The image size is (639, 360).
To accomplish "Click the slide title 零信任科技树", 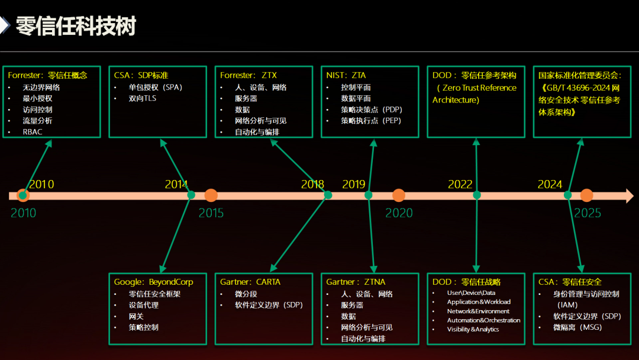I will (76, 26).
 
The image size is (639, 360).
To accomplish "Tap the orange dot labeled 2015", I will (211, 195).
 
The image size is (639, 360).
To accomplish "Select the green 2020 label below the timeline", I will (399, 213).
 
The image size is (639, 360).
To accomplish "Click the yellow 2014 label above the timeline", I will (176, 184).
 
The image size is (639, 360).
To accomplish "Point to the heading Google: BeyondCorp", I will (153, 282).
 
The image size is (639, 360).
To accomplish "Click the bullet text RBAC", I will (33, 132).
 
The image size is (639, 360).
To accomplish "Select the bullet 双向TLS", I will (143, 98).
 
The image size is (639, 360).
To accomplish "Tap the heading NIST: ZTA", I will (346, 75).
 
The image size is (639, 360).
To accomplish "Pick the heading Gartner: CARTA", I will (250, 282).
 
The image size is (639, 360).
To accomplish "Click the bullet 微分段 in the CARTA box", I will (246, 294).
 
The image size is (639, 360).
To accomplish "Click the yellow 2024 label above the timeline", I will (550, 184).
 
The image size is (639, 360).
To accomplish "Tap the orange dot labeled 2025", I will (586, 195).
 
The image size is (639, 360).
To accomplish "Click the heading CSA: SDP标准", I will (141, 75).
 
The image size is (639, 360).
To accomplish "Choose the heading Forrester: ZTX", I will (248, 75).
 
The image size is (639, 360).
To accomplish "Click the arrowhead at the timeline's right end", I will (628, 195).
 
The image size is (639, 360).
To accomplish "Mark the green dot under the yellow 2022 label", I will (477, 195).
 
